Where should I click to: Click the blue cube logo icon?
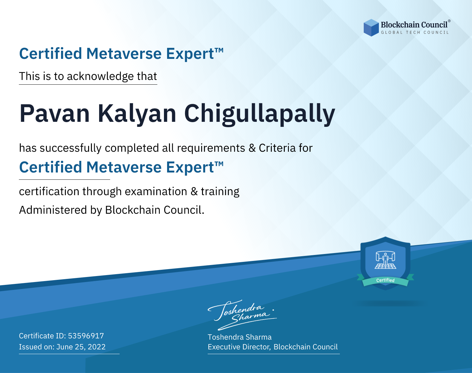click(371, 28)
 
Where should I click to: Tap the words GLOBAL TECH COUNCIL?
click(415, 32)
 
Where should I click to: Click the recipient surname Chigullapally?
click(260, 114)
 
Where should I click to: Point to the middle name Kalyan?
click(137, 114)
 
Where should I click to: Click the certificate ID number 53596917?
click(86, 336)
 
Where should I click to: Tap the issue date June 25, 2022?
click(81, 347)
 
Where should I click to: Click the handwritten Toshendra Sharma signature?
click(242, 315)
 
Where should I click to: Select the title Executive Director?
click(239, 347)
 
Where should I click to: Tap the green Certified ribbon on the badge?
click(385, 281)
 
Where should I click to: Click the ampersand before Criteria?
click(252, 148)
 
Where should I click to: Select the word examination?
click(156, 191)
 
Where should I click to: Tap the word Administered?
click(53, 210)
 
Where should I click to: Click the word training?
click(220, 192)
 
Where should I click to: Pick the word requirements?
click(211, 148)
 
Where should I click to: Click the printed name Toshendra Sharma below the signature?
click(239, 337)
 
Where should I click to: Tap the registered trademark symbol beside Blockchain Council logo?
click(449, 21)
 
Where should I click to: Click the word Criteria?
click(277, 148)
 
